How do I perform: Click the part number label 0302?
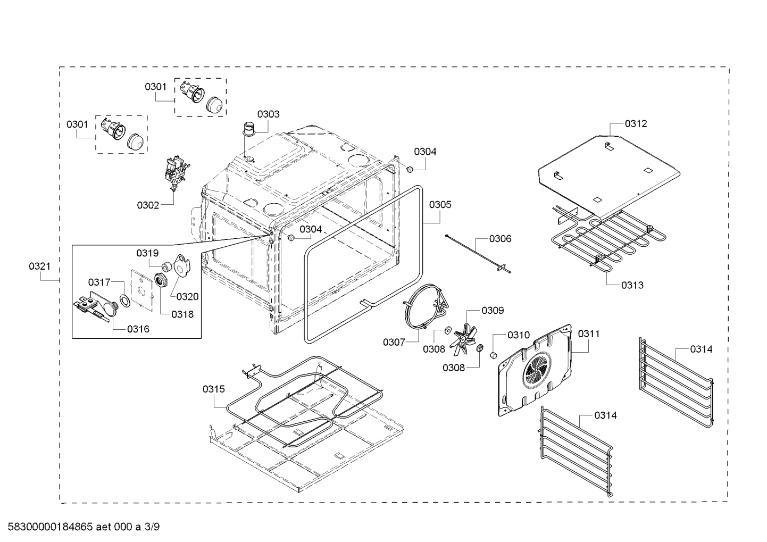pyautogui.click(x=148, y=205)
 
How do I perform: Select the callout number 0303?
pyautogui.click(x=268, y=114)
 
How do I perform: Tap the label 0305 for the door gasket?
pyautogui.click(x=440, y=204)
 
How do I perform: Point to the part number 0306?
pyautogui.click(x=500, y=238)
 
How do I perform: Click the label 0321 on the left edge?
pyautogui.click(x=39, y=266)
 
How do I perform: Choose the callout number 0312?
pyautogui.click(x=636, y=123)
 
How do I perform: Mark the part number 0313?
pyautogui.click(x=632, y=285)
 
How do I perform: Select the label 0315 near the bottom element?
pyautogui.click(x=213, y=389)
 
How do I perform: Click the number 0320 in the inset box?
pyautogui.click(x=188, y=297)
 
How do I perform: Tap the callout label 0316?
pyautogui.click(x=138, y=329)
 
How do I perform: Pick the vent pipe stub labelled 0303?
pyautogui.click(x=248, y=130)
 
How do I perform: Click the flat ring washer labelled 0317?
pyautogui.click(x=125, y=302)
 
